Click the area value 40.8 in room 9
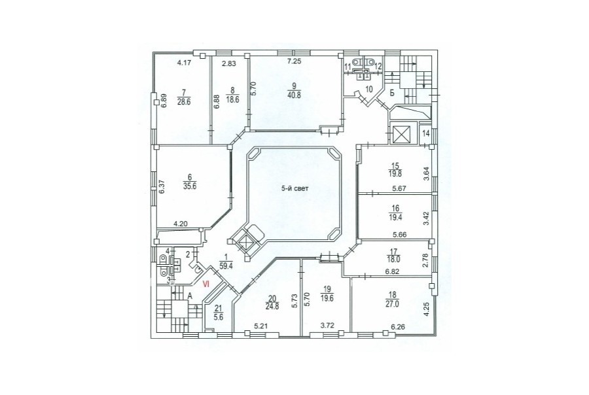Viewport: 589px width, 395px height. [294, 95]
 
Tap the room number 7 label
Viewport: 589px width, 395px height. [184, 92]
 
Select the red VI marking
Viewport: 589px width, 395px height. [206, 284]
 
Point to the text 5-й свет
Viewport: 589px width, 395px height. [295, 189]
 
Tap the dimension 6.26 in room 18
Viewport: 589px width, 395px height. [398, 327]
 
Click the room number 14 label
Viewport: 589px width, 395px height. [425, 133]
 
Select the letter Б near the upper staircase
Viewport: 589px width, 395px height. [392, 94]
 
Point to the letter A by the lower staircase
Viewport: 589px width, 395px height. [190, 296]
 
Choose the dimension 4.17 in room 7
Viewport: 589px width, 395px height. [185, 63]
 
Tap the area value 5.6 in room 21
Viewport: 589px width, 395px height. [218, 316]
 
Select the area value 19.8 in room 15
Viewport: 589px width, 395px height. [395, 173]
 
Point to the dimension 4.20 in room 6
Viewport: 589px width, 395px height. [181, 224]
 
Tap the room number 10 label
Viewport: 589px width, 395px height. [369, 90]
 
